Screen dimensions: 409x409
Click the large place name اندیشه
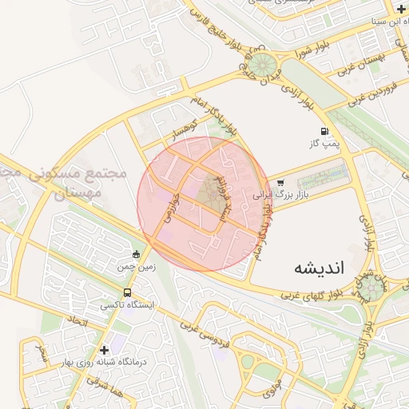click(318, 266)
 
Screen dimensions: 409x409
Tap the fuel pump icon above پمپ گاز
click(324, 131)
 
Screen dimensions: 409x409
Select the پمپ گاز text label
click(325, 145)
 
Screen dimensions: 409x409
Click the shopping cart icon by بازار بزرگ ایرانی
click(280, 182)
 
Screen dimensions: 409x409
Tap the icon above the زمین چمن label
click(136, 255)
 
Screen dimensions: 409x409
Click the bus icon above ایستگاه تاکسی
click(128, 293)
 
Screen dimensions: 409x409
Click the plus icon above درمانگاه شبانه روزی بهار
click(104, 350)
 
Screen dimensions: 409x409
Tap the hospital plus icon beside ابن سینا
click(400, 9)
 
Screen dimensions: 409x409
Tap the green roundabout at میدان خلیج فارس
click(268, 66)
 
